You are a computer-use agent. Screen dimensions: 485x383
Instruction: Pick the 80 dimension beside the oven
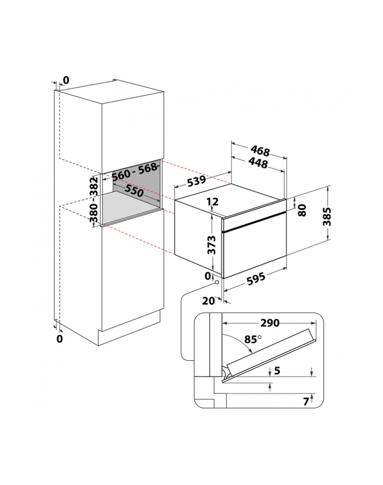301,210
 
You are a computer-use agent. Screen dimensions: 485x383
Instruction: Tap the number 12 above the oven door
213,202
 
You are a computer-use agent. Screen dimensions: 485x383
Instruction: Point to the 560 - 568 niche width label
135,171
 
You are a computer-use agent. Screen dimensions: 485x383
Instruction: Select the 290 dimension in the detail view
268,324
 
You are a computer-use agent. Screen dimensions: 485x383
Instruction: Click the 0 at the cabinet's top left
66,80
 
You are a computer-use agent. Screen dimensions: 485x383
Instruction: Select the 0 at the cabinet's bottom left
60,339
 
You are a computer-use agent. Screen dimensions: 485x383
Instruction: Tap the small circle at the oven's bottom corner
217,282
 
